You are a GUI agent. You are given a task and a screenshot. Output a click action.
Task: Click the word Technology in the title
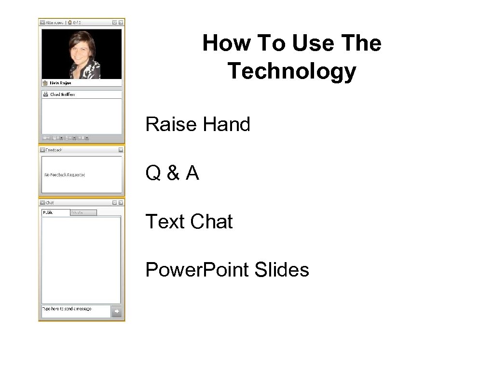pos(291,71)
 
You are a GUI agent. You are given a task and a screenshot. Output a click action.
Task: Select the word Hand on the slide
pos(226,124)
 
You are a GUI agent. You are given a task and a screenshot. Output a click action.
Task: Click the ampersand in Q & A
pos(173,173)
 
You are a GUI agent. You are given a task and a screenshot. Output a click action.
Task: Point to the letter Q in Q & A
pos(153,173)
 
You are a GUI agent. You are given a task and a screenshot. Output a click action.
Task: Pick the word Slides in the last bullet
pos(282,270)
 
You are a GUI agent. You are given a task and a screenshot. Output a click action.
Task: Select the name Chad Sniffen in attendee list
pos(62,94)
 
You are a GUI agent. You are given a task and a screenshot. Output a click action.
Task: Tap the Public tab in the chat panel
pos(48,212)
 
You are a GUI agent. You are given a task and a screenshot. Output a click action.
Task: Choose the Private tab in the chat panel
pos(77,212)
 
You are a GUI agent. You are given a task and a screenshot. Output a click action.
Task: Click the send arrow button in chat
pos(116,312)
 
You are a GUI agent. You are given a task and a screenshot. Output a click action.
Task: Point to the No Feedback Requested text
pos(65,175)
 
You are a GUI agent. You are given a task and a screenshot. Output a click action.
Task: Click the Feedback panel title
pos(54,150)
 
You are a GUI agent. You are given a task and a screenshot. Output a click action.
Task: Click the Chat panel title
pos(50,203)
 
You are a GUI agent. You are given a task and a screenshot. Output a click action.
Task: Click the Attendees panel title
pos(54,22)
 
